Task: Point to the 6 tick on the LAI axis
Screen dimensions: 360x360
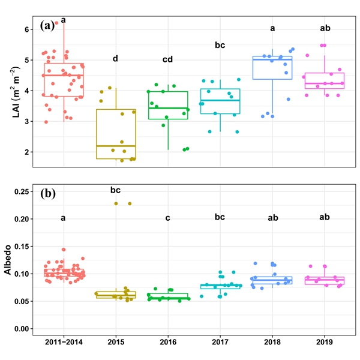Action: pos(26,29)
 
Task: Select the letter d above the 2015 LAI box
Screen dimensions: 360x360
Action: pos(115,58)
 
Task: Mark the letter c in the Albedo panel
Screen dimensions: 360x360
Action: pos(167,218)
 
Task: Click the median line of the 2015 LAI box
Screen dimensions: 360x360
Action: pos(115,146)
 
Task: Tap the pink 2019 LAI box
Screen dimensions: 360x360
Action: pos(325,80)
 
